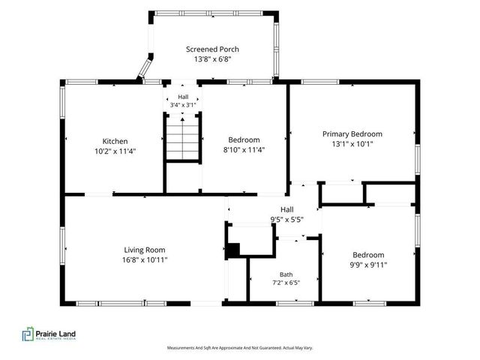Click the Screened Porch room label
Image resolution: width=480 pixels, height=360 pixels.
212,49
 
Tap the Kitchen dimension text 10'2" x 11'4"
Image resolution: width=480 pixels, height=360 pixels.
115,151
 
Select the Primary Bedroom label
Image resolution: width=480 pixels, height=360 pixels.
352,134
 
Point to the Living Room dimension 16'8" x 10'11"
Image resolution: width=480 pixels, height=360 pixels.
145,260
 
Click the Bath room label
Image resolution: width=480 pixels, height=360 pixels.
286,274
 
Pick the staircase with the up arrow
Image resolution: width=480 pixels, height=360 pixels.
182,138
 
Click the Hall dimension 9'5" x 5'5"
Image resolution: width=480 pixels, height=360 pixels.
287,220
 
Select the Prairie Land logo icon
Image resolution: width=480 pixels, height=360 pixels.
28,334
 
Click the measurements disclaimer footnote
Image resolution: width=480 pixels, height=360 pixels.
240,348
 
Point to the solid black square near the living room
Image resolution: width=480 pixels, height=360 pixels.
233,250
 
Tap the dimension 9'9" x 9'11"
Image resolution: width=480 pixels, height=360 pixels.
368,265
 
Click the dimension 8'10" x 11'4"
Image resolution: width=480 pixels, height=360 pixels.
244,150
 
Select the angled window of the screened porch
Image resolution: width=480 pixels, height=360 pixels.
145,68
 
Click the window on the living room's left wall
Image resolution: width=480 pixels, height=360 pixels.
62,245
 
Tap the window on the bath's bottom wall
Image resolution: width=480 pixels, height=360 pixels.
295,303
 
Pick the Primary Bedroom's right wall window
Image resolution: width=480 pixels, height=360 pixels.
418,160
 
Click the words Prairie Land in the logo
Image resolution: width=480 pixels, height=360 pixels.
55,333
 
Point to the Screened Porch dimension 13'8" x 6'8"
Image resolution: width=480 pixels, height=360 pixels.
212,59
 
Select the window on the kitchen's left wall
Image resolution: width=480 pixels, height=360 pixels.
62,102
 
